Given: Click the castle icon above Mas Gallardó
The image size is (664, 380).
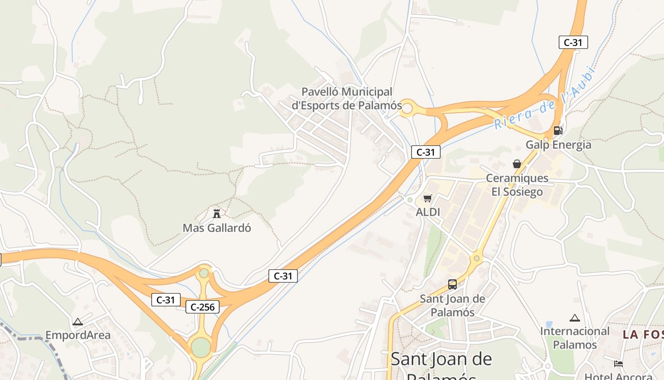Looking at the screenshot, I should [217, 213].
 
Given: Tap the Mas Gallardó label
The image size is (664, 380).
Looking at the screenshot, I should [217, 228].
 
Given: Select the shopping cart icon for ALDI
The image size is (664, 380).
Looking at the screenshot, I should [428, 199].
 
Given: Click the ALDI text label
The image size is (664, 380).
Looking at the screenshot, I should [428, 212].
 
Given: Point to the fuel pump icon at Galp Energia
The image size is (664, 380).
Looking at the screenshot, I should [558, 130].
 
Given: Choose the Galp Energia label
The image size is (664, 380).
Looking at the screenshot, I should [558, 145].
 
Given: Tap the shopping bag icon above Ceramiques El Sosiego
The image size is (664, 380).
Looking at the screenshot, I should [517, 164].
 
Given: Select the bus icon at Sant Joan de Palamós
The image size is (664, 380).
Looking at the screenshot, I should [452, 285].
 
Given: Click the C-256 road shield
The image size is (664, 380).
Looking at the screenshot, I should [203, 307].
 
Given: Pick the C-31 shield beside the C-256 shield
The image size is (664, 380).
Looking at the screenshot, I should [166, 300].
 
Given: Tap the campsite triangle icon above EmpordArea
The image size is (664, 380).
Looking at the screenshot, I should [78, 322].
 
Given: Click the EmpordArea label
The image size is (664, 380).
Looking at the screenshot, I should [78, 335].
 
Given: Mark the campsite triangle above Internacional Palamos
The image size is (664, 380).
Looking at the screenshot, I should [575, 318].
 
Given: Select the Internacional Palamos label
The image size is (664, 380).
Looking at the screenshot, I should [575, 338].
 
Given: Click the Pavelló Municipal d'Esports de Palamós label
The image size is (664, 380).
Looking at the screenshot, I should [347, 98].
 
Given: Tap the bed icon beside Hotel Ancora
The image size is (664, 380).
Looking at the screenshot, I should [618, 364].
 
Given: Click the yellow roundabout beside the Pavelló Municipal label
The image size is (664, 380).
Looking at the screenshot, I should [407, 108].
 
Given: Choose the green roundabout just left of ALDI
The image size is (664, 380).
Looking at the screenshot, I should [410, 200].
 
